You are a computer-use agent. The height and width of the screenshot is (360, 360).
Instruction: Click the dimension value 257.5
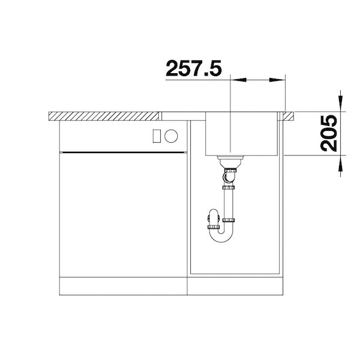click(194, 68)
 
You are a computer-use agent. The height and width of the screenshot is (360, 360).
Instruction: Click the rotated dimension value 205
click(329, 133)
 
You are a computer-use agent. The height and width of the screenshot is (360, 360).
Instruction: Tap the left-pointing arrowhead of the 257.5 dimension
click(238, 80)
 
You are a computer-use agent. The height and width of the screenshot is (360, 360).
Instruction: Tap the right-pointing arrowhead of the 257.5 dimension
click(277, 80)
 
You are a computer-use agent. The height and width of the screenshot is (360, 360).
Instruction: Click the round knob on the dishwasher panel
click(171, 136)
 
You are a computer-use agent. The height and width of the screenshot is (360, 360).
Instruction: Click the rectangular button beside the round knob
click(157, 136)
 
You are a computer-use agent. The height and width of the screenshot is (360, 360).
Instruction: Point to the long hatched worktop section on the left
click(104, 116)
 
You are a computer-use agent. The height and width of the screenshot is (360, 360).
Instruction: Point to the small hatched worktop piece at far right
click(289, 116)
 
